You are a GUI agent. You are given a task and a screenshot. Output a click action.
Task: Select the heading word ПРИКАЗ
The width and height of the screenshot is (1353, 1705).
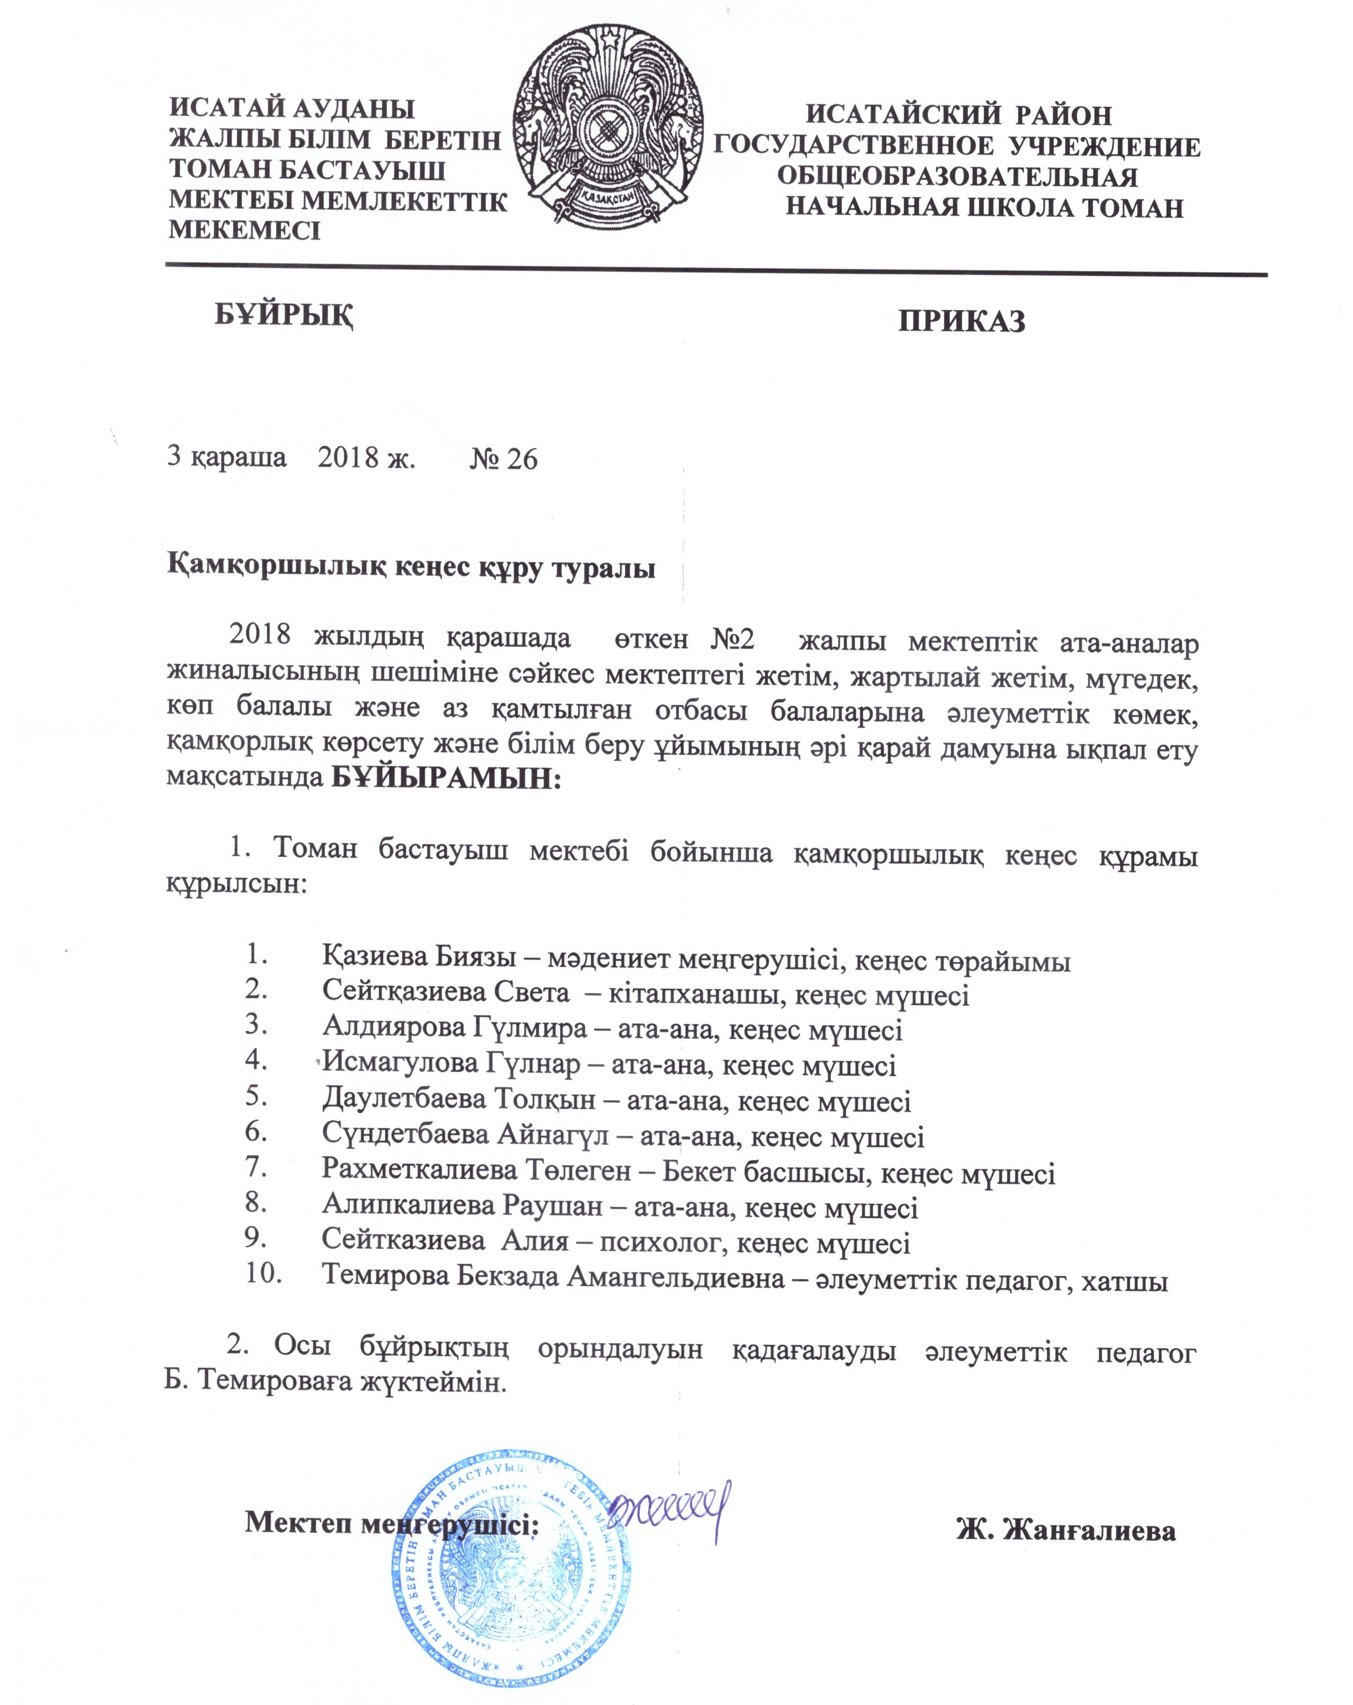961,321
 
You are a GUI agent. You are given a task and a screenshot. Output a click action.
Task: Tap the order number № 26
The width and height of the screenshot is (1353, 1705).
503,459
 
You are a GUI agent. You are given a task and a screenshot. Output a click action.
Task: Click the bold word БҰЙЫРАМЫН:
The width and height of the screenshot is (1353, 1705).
445,779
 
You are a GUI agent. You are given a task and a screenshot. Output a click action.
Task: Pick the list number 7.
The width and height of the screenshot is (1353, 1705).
256,1166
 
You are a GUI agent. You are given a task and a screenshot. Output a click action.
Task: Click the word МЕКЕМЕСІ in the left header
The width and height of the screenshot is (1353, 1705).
244,230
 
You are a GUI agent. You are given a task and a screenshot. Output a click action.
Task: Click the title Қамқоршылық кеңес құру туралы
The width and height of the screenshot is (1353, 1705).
411,568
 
